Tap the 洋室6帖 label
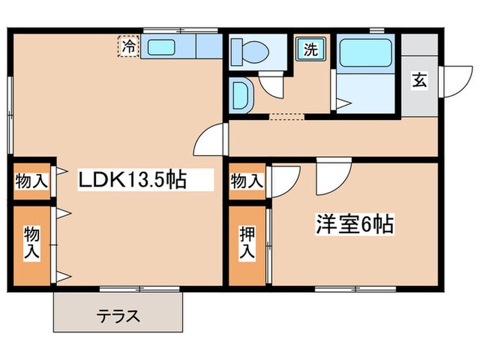click(355, 224)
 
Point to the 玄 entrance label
click(419, 80)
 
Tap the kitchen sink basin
click(162, 48)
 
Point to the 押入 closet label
click(247, 243)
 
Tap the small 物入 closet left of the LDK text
click(31, 182)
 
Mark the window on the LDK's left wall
click(10, 114)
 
